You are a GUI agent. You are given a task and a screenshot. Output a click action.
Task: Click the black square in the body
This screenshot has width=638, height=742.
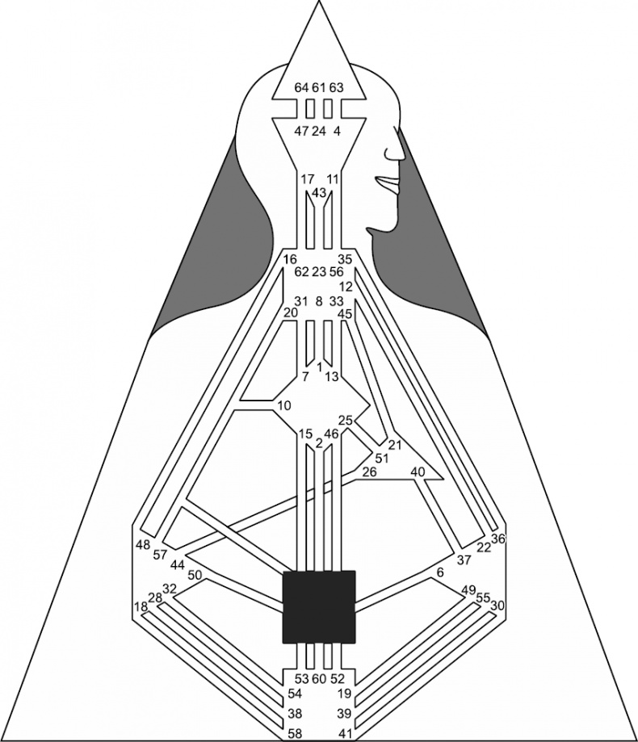318,607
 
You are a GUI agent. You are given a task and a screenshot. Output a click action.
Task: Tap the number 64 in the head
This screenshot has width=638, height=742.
301,87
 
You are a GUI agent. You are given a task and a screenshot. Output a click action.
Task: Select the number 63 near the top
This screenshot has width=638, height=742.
336,87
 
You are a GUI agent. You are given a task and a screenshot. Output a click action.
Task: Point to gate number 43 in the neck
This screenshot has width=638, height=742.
320,193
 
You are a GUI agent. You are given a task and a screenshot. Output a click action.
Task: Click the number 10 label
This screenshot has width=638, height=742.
284,405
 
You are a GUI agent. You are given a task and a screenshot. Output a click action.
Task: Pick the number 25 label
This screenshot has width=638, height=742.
346,420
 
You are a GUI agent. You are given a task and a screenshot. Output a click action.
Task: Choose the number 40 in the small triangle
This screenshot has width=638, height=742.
418,472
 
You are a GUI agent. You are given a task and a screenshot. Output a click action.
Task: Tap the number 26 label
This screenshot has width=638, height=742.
370,472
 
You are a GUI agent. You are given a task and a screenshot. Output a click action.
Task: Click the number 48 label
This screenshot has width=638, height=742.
143,545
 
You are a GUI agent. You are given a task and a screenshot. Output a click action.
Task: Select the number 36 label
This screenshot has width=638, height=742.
498,539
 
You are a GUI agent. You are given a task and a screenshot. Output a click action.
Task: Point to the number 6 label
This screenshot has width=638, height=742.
441,572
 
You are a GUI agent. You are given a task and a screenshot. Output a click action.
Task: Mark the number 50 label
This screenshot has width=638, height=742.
195,576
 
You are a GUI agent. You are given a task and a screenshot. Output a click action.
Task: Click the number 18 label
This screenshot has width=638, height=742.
141,607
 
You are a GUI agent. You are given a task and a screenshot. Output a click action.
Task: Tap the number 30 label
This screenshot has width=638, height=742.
497,606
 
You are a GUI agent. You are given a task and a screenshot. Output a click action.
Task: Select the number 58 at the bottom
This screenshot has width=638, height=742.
295,734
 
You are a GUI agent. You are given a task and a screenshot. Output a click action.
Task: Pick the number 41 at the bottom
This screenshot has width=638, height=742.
345,734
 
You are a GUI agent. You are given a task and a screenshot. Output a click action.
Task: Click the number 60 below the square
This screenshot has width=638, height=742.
320,678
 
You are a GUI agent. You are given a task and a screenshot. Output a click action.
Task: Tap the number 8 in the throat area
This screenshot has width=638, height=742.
318,301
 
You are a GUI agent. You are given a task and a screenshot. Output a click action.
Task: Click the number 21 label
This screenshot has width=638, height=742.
395,445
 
